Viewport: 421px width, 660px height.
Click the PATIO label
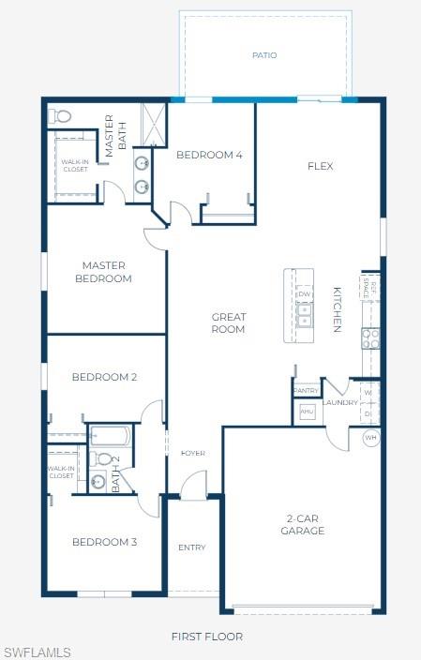[264, 55]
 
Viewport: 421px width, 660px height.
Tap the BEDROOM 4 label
[209, 155]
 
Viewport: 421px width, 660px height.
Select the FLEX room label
[321, 167]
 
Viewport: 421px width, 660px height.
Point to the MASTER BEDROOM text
[104, 272]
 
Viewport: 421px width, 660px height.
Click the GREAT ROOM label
[228, 323]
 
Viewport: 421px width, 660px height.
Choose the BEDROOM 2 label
[105, 378]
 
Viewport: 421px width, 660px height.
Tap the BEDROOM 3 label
[105, 543]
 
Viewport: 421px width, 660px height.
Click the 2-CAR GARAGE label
[303, 525]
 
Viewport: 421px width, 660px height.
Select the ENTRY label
[191, 547]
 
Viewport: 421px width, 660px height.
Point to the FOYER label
[193, 454]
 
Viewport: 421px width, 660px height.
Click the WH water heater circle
[369, 439]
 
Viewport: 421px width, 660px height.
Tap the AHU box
[307, 411]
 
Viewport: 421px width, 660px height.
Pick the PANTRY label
[307, 390]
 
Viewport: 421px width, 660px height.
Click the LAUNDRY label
[340, 403]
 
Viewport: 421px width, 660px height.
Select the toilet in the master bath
[61, 117]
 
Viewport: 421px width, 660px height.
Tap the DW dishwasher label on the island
[304, 294]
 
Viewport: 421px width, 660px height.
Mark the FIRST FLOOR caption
[207, 637]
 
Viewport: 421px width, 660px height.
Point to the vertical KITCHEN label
[337, 309]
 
